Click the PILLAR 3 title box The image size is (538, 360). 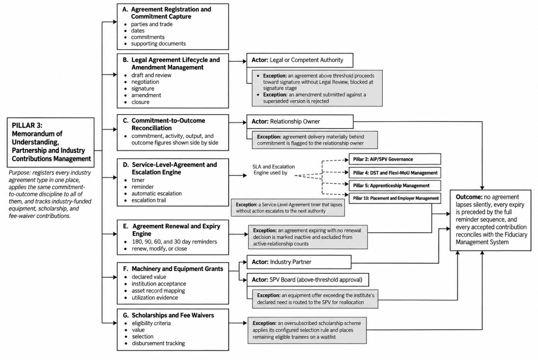point(51,142)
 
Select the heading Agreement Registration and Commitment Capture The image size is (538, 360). point(171,13)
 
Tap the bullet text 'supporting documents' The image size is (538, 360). point(158,43)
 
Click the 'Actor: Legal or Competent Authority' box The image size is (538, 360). point(300,60)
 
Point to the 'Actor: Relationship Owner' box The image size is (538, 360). point(300,122)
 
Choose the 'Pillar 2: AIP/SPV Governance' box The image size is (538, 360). point(395,159)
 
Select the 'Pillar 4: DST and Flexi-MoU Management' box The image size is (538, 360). point(395,173)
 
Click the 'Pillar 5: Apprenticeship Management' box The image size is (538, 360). point(395,185)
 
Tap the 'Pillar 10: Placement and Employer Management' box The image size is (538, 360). point(395,198)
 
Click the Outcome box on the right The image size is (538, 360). point(491,220)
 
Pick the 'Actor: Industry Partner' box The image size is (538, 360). point(299,262)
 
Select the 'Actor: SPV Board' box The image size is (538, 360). point(308,280)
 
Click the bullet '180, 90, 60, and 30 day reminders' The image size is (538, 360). point(174,242)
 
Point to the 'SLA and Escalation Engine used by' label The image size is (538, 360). point(274,170)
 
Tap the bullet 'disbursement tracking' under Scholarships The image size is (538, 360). point(158,343)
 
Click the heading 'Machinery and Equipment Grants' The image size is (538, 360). point(177,269)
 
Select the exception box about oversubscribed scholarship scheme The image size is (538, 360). point(307,330)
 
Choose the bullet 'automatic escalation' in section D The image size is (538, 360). point(157,193)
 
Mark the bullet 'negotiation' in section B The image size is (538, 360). point(145,82)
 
